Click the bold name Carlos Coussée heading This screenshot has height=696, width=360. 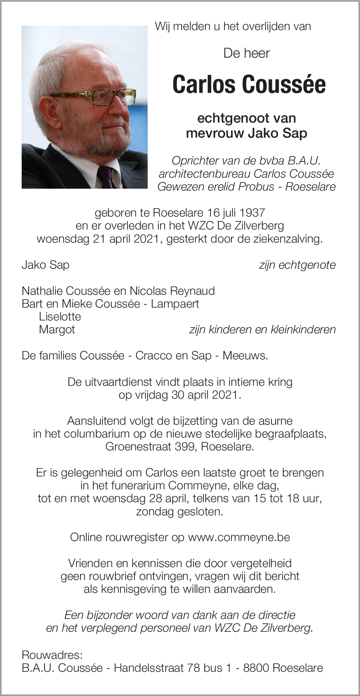(249, 84)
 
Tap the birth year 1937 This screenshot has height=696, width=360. (252, 213)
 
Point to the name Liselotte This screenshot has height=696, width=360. (60, 317)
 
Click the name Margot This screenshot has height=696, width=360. (57, 330)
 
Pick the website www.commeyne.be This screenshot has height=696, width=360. (239, 537)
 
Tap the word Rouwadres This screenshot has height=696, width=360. (52, 655)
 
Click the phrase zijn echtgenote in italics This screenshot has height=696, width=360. (297, 265)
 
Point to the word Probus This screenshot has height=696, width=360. (256, 187)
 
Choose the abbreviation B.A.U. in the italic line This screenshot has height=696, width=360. (305, 161)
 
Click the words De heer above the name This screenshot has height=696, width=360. (246, 54)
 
